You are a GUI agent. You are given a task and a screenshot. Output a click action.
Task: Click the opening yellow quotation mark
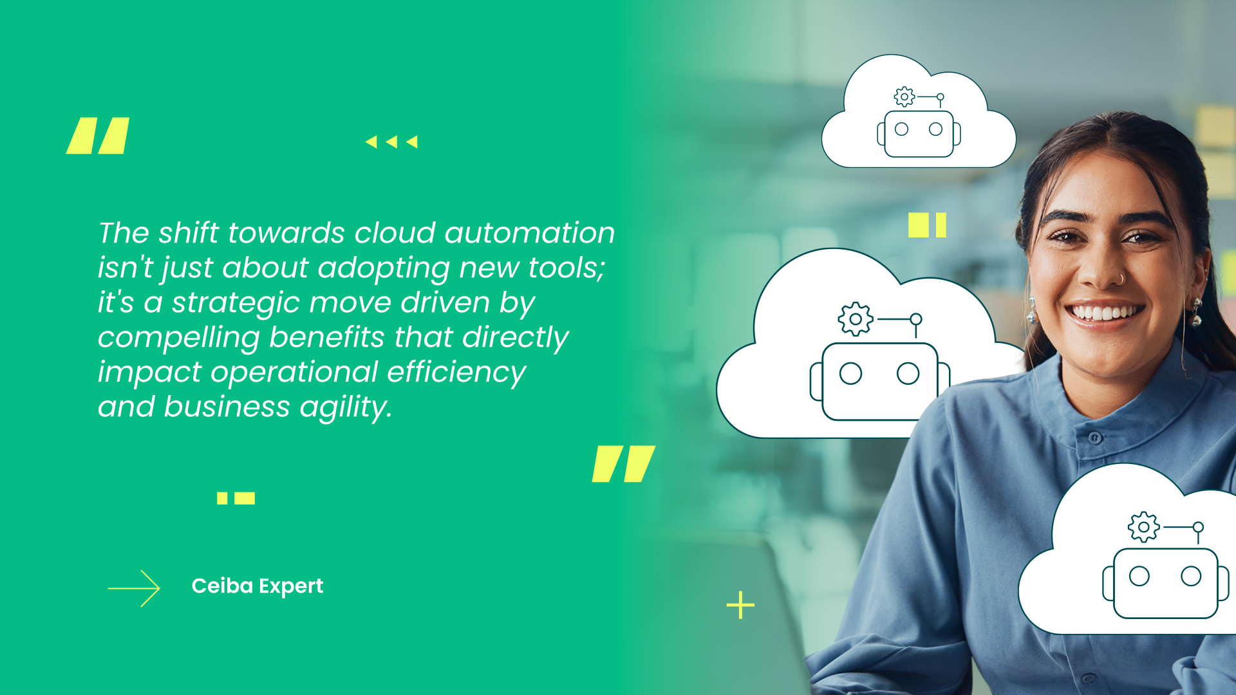coord(98,136)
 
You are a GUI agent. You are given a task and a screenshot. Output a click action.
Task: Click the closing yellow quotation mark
coord(623,463)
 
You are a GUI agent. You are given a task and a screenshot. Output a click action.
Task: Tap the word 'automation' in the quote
coord(529,233)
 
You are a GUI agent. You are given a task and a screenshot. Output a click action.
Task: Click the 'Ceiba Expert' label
coord(257,586)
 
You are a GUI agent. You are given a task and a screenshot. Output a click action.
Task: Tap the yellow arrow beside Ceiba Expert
coord(134,588)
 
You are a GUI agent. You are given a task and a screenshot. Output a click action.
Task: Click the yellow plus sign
coord(740,606)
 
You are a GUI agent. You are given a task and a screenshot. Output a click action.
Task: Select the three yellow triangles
coord(391,142)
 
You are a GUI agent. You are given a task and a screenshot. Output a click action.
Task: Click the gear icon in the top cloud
coord(904,97)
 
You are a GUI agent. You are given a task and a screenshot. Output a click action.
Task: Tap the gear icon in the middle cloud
coord(856,319)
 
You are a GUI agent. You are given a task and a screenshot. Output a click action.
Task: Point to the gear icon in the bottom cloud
coord(1143,527)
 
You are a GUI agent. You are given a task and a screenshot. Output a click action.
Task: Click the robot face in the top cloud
coord(919,133)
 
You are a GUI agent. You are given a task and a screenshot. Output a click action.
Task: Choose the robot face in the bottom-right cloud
coord(1165,582)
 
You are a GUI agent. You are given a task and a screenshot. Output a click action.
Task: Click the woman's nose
coord(1106,273)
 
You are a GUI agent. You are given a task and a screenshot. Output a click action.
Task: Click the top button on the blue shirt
coord(1095,438)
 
